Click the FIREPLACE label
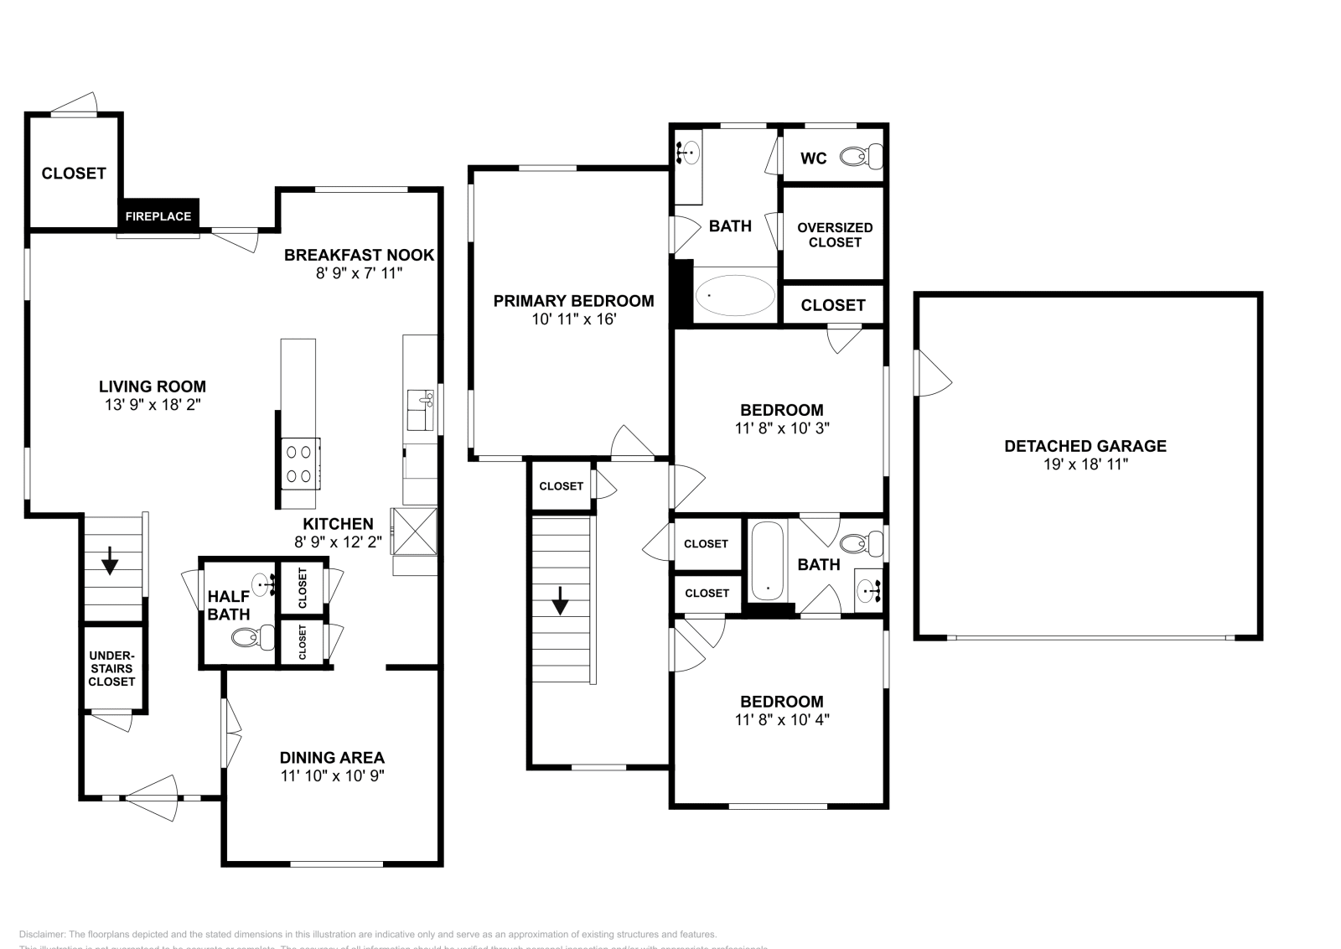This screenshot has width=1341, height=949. coord(158,216)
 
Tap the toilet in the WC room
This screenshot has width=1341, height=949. coord(861,157)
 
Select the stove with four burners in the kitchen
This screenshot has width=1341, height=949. coord(299,464)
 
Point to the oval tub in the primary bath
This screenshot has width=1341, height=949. coord(736,295)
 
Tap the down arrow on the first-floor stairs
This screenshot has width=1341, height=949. coord(110,562)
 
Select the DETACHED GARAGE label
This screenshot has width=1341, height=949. coord(1085,446)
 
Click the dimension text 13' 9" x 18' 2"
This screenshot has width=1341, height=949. coord(152,404)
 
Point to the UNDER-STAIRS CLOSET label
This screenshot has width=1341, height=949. coord(111,669)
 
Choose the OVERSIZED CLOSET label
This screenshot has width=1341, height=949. coord(835,235)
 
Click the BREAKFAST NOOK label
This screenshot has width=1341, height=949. coord(359,255)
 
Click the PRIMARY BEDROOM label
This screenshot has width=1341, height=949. coord(573,301)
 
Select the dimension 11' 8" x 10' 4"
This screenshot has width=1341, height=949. coord(781,719)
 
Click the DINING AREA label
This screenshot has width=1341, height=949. coord(332,758)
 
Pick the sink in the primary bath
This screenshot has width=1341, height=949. coord(689,153)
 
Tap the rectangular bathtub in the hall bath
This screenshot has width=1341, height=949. coord(766,561)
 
